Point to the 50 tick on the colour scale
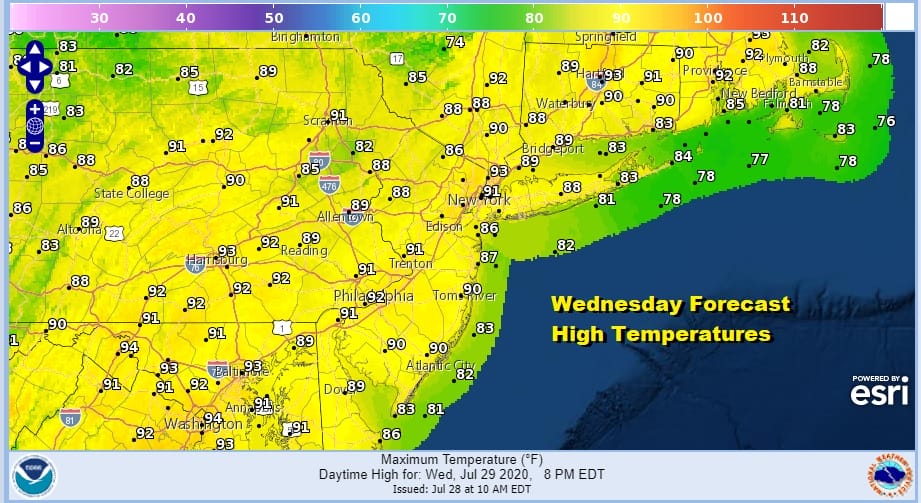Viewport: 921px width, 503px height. click(x=274, y=18)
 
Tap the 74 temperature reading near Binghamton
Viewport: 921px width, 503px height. click(x=455, y=42)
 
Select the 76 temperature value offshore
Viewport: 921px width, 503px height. click(x=885, y=121)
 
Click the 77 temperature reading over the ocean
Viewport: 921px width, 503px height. click(x=760, y=159)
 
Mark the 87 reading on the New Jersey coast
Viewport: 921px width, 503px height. click(x=488, y=257)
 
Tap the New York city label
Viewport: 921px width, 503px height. click(x=479, y=201)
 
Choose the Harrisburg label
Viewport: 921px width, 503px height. click(x=217, y=260)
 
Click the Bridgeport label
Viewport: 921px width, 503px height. click(x=552, y=149)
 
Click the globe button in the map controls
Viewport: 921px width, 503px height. click(x=34, y=126)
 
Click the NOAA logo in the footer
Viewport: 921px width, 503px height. click(x=35, y=473)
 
